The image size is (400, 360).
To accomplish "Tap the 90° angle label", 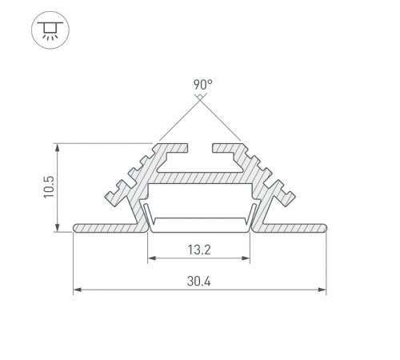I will coord(201,83).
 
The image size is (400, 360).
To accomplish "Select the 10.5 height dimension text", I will coord(49,188).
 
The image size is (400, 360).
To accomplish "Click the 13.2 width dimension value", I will coord(199,249).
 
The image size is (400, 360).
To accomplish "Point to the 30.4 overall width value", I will coord(199,282).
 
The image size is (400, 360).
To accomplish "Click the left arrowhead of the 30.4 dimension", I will coord(76,290).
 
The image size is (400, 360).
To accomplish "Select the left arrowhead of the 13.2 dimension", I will coord(150,258).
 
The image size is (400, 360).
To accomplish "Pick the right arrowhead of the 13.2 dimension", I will coord(249,258).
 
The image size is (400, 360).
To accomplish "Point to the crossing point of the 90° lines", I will coord(201,98).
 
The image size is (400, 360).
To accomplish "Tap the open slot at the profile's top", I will coord(201,149).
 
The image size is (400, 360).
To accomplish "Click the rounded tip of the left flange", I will coord(76,228).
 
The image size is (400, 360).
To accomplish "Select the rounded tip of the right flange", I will coord(326,228).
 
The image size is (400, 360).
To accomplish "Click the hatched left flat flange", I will coord(112,228).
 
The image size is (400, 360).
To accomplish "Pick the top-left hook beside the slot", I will coord(180,148).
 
